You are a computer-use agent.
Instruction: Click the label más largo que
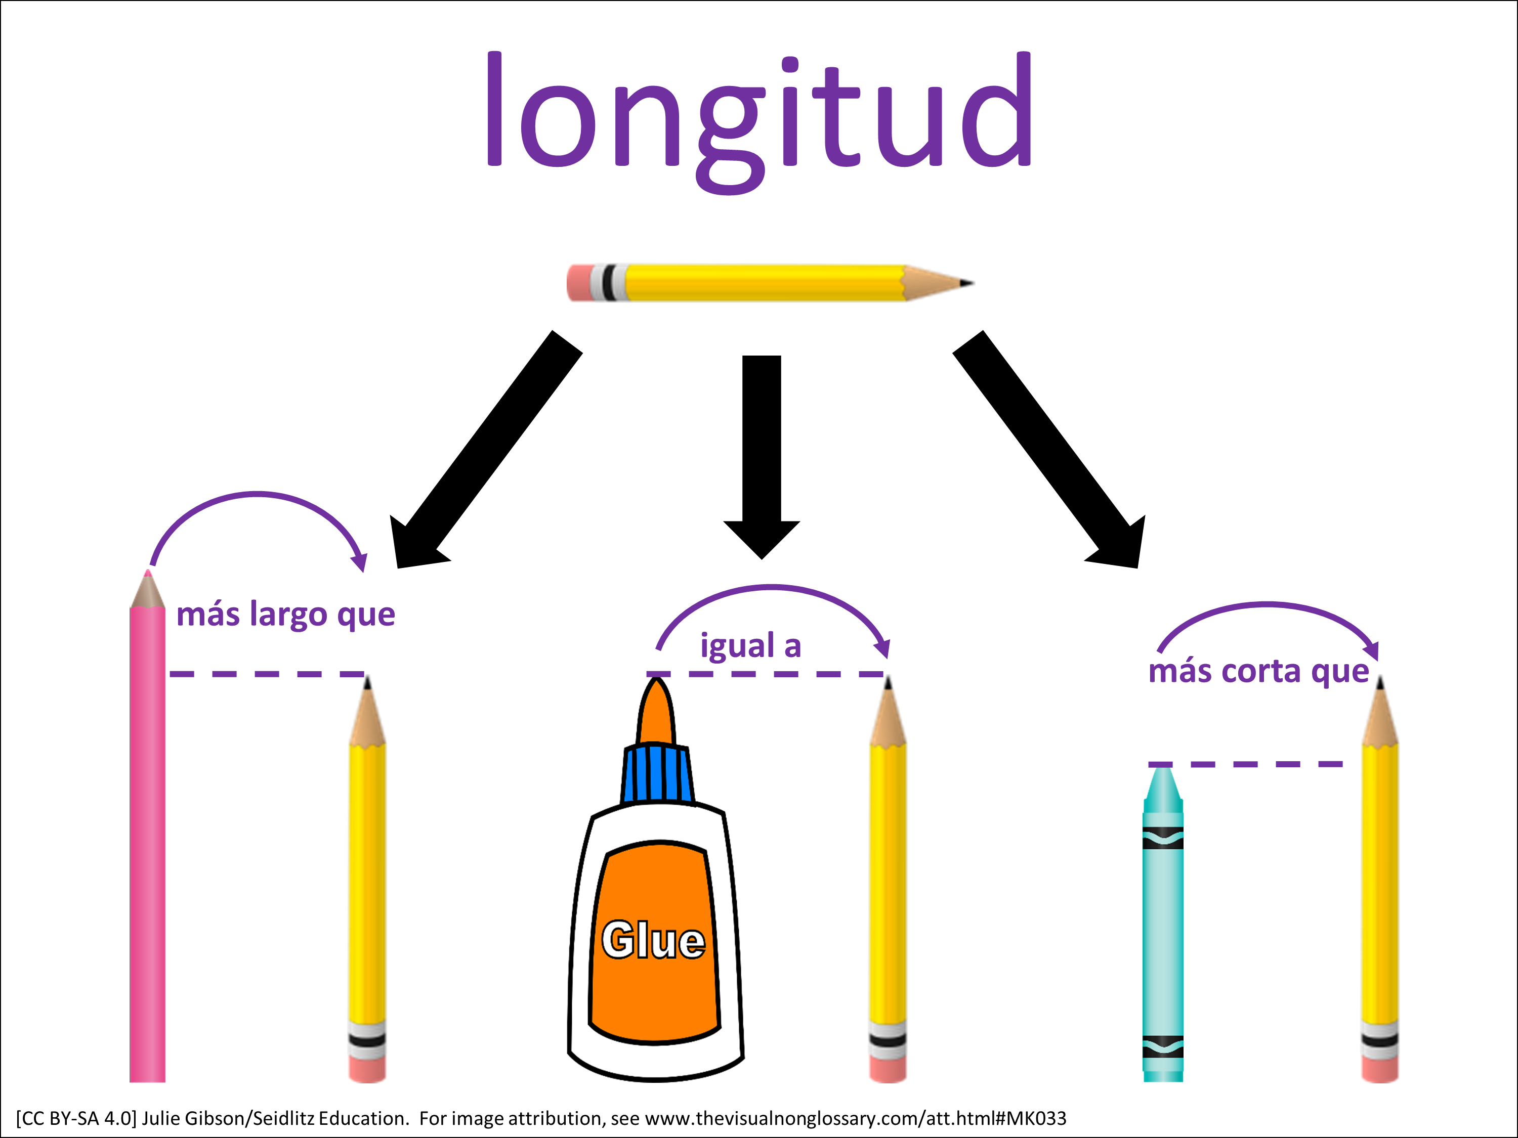tap(285, 614)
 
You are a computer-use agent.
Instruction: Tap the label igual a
tap(750, 645)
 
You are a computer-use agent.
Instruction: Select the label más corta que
tap(1258, 671)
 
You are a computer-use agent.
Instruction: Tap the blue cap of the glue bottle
tap(657, 774)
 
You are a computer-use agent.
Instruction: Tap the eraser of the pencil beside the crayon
tap(1380, 1069)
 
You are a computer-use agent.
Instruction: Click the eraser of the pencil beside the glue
tap(888, 1069)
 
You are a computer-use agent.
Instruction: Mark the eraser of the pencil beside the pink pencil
tap(367, 1069)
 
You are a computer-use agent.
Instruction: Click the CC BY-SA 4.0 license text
tap(75, 1118)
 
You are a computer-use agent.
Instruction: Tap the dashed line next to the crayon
tap(1246, 763)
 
